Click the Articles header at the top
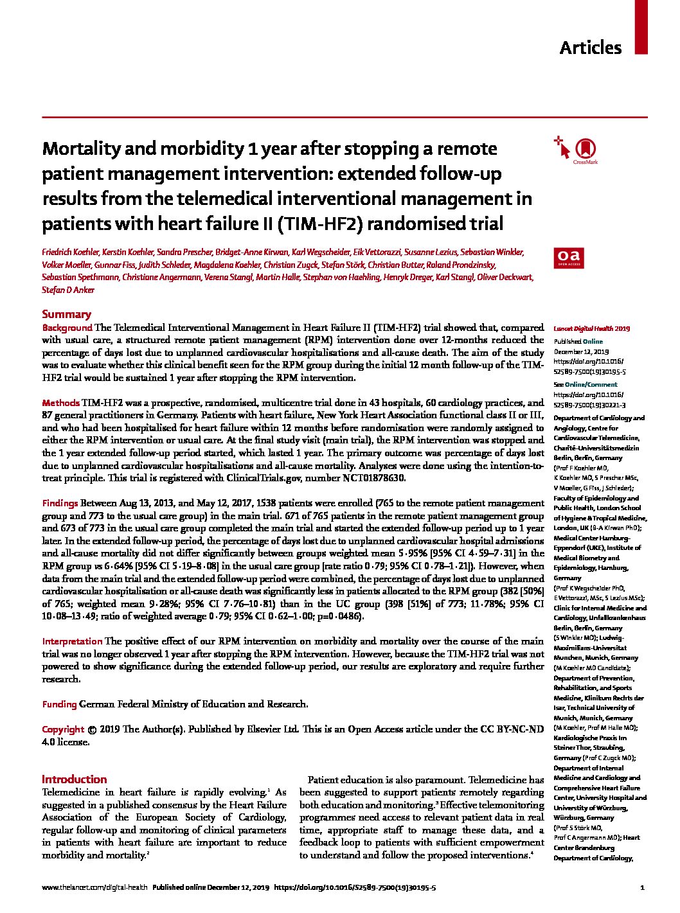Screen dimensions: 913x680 point(590,48)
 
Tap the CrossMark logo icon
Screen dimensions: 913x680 point(584,149)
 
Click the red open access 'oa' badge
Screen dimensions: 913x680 point(566,257)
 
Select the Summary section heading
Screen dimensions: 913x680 point(66,314)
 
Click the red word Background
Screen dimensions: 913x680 point(67,327)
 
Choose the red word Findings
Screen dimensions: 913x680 point(60,503)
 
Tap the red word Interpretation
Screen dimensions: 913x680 point(72,641)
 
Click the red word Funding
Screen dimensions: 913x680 point(59,704)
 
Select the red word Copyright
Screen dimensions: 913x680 point(63,729)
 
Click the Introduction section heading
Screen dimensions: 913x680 point(74,779)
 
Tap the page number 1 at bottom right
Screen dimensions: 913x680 point(642,888)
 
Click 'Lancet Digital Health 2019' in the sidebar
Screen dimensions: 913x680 point(591,328)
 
